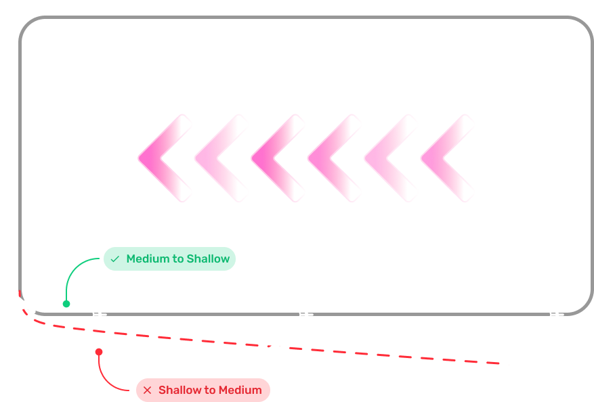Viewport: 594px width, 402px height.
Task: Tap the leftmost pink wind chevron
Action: [163, 158]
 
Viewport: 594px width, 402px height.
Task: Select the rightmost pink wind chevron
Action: [445, 158]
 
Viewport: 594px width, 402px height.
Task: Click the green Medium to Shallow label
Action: [169, 259]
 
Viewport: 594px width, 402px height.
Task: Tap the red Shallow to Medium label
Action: [203, 390]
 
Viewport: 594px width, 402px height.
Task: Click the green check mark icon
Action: [115, 259]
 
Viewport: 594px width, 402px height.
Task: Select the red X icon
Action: [147, 390]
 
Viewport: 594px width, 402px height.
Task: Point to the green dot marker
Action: [66, 304]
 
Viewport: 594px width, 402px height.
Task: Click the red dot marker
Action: [99, 352]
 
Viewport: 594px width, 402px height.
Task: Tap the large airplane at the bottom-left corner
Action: [23, 302]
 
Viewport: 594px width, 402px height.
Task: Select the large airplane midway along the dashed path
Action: [274, 343]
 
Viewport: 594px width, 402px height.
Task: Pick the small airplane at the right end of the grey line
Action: [556, 314]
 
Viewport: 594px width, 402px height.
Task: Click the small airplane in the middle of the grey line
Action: [305, 314]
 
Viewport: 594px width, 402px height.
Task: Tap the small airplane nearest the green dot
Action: [100, 314]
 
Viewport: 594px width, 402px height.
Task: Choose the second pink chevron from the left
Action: [219, 158]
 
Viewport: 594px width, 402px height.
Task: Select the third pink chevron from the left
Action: [276, 158]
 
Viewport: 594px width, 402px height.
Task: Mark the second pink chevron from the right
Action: [389, 158]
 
